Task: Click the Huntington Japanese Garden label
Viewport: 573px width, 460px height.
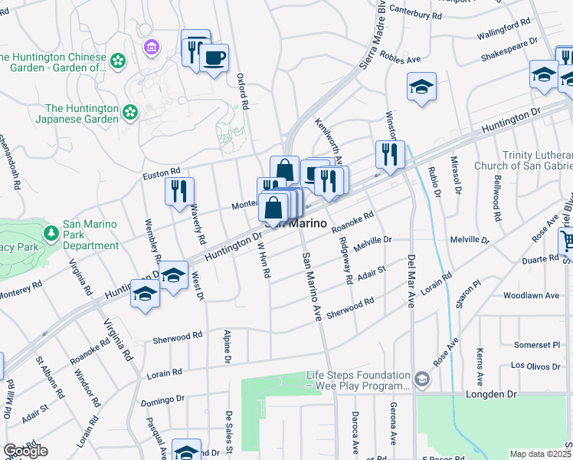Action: click(82, 113)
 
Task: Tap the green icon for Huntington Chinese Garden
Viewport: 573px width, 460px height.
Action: click(117, 61)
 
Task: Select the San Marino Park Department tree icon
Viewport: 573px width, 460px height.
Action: click(51, 231)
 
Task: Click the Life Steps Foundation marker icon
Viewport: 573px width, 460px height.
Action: click(421, 379)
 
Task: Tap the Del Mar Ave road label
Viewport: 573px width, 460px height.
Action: click(411, 282)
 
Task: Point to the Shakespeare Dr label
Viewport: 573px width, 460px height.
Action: click(509, 52)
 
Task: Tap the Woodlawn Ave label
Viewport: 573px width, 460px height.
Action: click(529, 295)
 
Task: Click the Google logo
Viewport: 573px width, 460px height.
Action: click(25, 451)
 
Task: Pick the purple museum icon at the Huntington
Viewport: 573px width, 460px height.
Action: click(152, 48)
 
